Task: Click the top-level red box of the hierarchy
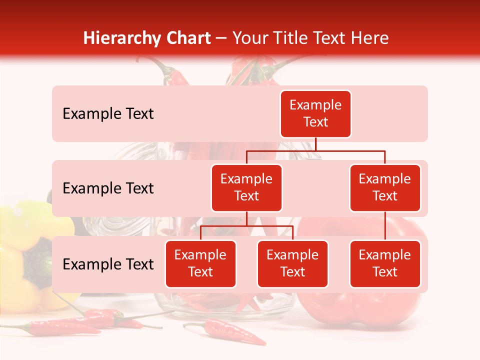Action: pyautogui.click(x=315, y=114)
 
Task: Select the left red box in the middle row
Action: pyautogui.click(x=246, y=187)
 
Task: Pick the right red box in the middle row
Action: pyautogui.click(x=385, y=187)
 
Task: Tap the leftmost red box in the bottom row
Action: pyautogui.click(x=200, y=263)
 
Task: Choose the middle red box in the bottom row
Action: pyautogui.click(x=292, y=263)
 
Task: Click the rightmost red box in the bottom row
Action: pyautogui.click(x=385, y=263)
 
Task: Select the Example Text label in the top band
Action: pyautogui.click(x=108, y=114)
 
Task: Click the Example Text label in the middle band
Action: pyautogui.click(x=108, y=188)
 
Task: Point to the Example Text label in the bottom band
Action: pyautogui.click(x=108, y=264)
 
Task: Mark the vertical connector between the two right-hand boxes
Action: pyautogui.click(x=385, y=226)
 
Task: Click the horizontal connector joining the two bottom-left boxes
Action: pyautogui.click(x=246, y=226)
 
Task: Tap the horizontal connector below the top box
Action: pyautogui.click(x=315, y=150)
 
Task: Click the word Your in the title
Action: pyautogui.click(x=249, y=38)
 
